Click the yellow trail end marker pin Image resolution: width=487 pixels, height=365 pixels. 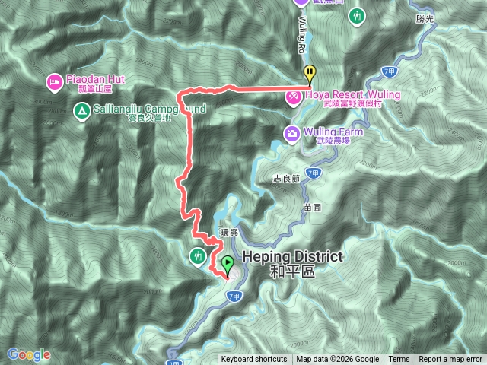coord(310,75)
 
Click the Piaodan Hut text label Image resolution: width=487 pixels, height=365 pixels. coord(96,79)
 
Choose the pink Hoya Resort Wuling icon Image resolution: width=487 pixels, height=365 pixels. coord(293,96)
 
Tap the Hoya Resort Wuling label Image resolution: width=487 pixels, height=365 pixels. coord(352,95)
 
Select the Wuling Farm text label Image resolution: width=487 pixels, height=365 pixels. coord(334,132)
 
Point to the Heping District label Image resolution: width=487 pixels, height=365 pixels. coord(292,258)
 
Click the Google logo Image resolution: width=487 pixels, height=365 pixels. coord(28,354)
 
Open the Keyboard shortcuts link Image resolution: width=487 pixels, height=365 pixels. coord(254,360)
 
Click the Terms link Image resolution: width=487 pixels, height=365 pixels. coord(399,360)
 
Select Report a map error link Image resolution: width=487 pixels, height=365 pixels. coord(450,360)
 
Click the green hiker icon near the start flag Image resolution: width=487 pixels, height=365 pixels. coord(199,255)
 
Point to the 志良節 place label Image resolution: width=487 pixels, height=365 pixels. coord(285,179)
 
